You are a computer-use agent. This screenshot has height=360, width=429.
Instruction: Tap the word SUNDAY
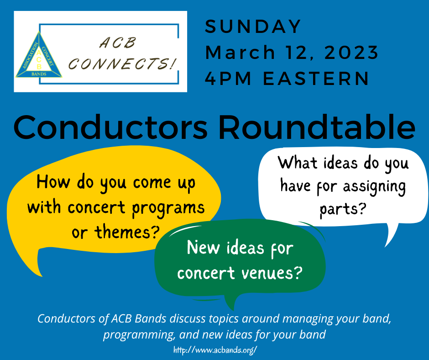(253, 26)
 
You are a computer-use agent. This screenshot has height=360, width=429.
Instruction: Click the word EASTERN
(318, 79)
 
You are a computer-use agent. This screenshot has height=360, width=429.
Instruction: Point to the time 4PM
(227, 79)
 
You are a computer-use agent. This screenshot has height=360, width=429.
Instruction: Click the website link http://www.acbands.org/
(215, 349)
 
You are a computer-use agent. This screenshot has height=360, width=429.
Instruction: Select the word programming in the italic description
(139, 334)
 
